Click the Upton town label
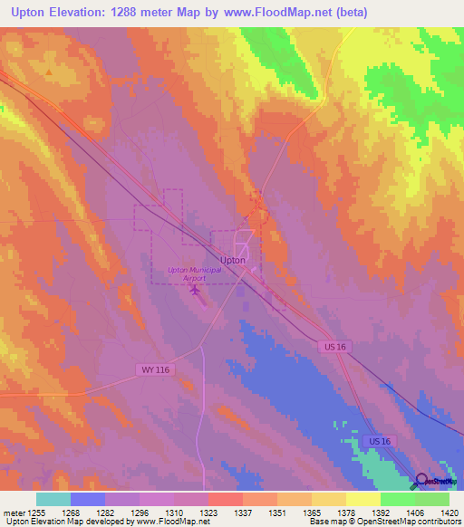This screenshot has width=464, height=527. [x=233, y=260]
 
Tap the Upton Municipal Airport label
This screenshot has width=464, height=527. [x=193, y=274]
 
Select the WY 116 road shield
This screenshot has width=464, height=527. [x=155, y=369]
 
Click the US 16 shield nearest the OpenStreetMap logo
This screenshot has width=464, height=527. [x=381, y=440]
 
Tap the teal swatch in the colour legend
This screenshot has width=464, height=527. [x=53, y=499]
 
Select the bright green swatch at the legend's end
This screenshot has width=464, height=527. [x=432, y=499]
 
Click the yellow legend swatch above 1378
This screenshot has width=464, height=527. [x=329, y=499]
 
